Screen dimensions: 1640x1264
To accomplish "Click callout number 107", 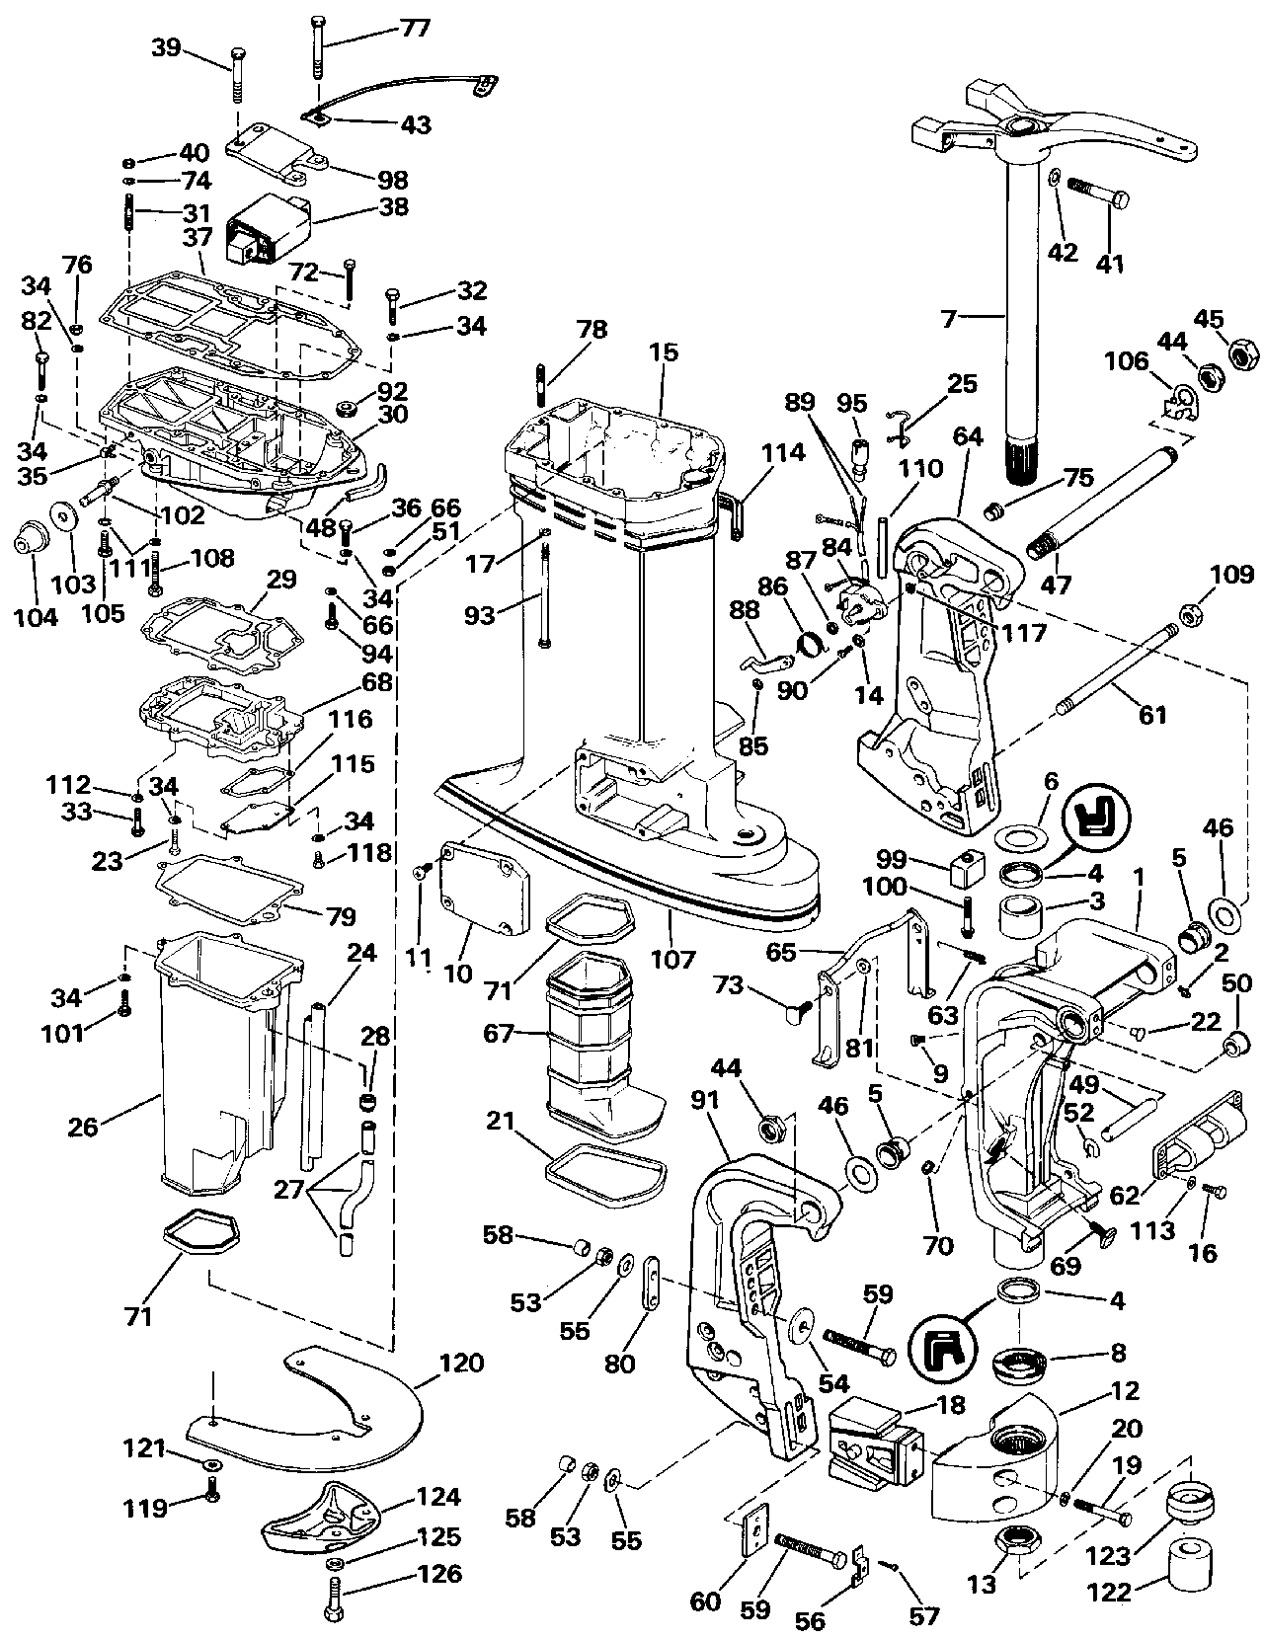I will point(672,958).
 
